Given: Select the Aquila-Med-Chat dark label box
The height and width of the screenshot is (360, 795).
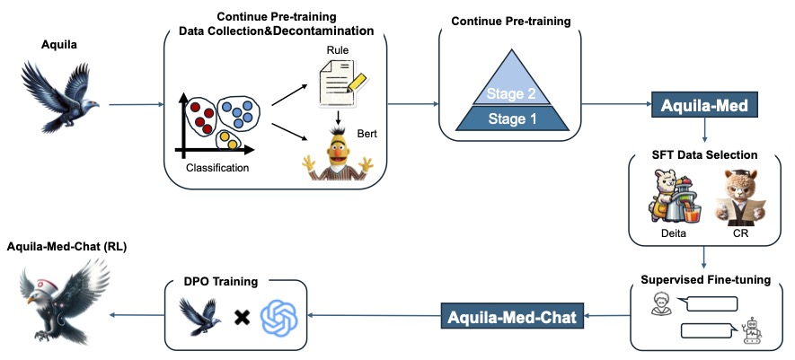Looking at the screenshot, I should click(x=511, y=315).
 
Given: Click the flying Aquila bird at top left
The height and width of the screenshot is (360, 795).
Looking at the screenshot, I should click(x=57, y=99).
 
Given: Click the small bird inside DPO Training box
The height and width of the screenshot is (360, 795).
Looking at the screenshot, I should click(x=202, y=316).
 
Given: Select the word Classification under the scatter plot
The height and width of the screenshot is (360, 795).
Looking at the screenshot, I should click(x=217, y=167).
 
